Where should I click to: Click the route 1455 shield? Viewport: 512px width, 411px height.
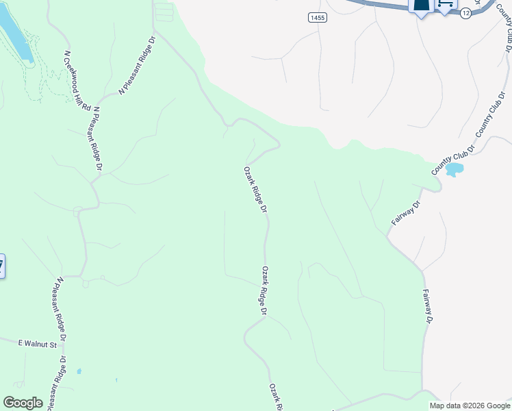[x=317, y=18]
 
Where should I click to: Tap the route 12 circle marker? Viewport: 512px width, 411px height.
[x=465, y=13]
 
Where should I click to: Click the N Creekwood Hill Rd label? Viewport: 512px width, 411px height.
[x=77, y=81]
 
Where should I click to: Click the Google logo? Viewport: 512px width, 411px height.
[x=23, y=403]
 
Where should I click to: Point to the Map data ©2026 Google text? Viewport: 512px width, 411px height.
[x=470, y=406]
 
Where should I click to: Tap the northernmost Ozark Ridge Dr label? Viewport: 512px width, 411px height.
[x=255, y=189]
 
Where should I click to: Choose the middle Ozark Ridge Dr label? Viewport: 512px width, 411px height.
[x=264, y=290]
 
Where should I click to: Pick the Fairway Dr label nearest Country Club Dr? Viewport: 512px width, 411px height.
[x=406, y=214]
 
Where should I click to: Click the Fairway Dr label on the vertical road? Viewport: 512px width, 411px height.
[x=428, y=306]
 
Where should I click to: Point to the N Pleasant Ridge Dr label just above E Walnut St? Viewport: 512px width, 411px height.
[x=62, y=309]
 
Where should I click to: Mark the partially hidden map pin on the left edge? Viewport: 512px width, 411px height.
[x=1, y=266]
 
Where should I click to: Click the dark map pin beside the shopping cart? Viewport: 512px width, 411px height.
[x=420, y=6]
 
